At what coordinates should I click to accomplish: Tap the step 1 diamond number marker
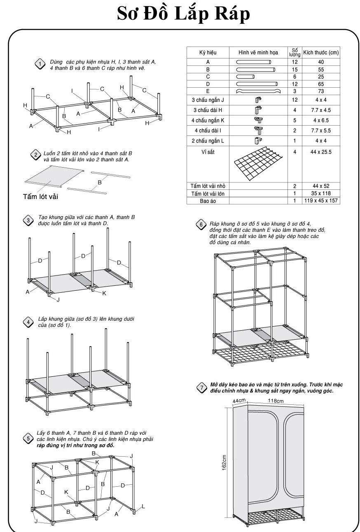click(x=40, y=64)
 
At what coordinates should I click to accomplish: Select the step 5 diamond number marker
click(x=28, y=438)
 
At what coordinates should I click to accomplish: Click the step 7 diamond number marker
click(x=201, y=387)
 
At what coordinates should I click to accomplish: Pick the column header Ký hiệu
click(x=208, y=53)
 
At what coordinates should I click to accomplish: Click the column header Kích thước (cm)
click(x=321, y=53)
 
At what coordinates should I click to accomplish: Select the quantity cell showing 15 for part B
click(x=295, y=70)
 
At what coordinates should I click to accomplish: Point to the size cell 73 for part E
click(x=321, y=91)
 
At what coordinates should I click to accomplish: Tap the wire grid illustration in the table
click(x=258, y=164)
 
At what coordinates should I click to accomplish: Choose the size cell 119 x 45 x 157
click(x=321, y=201)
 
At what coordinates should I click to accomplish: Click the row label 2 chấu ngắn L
click(x=208, y=141)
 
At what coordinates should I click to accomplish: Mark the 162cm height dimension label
click(x=224, y=462)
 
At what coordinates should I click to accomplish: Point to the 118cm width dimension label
click(x=276, y=401)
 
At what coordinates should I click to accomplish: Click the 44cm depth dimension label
click(x=239, y=401)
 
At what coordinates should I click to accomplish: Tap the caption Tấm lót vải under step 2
click(x=40, y=196)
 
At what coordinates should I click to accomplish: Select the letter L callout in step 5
click(x=143, y=506)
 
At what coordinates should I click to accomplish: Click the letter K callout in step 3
click(x=104, y=293)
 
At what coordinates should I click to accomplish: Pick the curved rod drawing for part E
click(x=258, y=91)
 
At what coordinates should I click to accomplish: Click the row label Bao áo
click(x=208, y=201)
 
